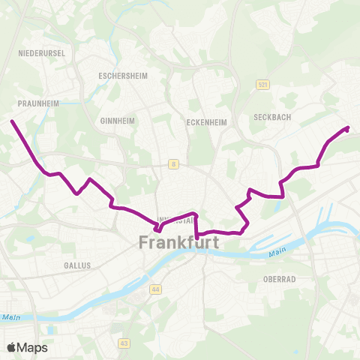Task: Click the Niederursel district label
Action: pos(42,53)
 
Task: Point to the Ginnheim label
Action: pos(115,120)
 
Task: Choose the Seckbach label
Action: pos(271,117)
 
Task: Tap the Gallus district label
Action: pos(77,265)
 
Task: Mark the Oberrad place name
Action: pos(279,279)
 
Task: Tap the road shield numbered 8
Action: pos(173,163)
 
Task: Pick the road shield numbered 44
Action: pos(155,288)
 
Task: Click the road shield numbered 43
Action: pos(123,343)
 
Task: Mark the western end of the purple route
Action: pos(12,121)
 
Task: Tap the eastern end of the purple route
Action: pos(348,128)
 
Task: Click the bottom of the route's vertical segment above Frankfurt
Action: pos(196,238)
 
